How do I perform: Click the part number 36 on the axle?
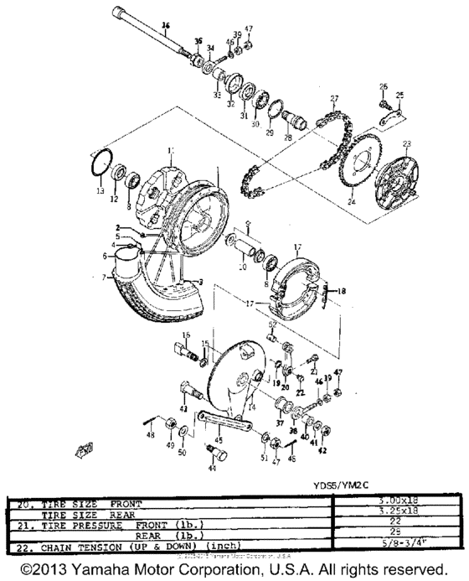(165, 26)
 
